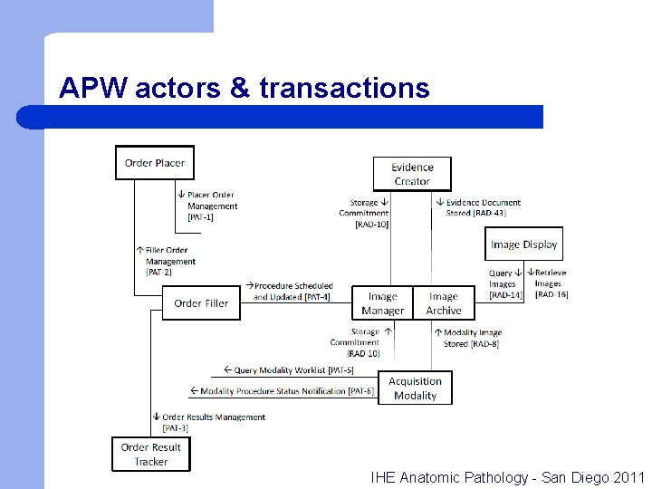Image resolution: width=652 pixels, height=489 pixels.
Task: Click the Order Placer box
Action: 154,163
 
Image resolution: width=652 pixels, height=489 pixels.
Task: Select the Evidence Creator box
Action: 412,174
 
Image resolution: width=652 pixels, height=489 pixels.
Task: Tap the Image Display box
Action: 523,244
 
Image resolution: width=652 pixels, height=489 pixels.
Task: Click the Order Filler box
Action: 201,303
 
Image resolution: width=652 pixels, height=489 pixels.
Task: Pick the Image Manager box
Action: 382,303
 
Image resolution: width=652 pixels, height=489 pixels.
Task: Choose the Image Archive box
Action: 444,303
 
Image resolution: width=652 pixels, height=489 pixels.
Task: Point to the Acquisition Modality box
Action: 415,388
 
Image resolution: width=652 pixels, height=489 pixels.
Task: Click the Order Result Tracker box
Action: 151,455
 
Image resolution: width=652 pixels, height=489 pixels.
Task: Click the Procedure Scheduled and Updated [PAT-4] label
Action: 292,292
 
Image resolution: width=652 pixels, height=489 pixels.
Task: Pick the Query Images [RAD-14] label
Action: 503,284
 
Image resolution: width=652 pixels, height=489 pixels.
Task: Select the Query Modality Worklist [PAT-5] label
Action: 292,370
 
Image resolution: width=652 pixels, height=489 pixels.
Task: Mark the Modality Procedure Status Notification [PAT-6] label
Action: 283,391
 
